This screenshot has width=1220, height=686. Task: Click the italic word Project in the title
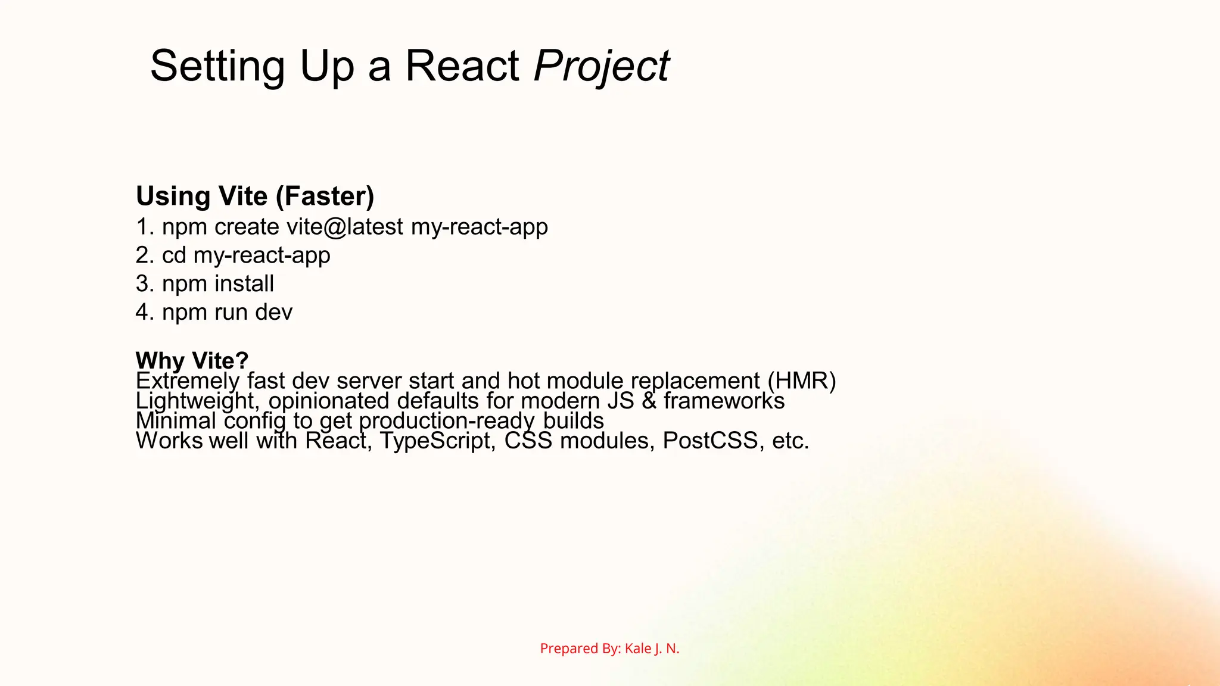pos(602,67)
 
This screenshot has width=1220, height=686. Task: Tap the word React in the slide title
pos(462,66)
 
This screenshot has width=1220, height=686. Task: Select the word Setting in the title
pos(217,67)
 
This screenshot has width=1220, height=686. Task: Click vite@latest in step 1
pos(345,227)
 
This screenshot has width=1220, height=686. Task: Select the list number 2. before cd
pos(145,255)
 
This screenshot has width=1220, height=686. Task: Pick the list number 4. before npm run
pos(145,312)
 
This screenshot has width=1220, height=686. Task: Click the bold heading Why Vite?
pos(192,360)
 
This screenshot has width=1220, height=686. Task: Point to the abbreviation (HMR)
pos(802,381)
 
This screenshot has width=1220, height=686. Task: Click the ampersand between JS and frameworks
pos(649,401)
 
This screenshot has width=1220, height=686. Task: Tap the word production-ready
pos(447,421)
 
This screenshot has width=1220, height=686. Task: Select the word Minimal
pos(176,421)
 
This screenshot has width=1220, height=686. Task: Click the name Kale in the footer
pos(637,648)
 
